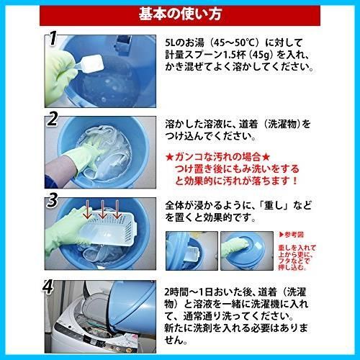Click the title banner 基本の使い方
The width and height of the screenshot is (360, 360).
pos(179,14)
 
